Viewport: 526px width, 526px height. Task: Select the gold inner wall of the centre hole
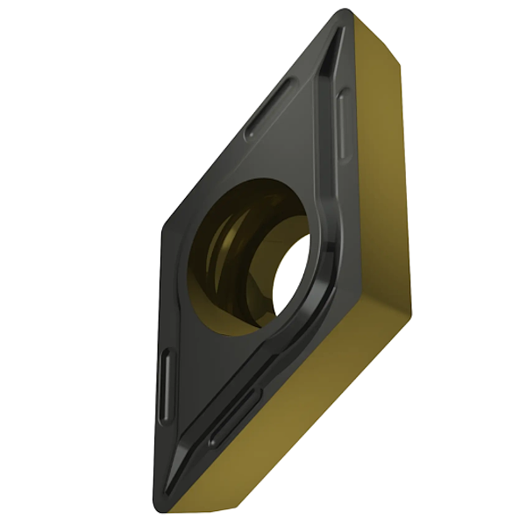click(x=224, y=254)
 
